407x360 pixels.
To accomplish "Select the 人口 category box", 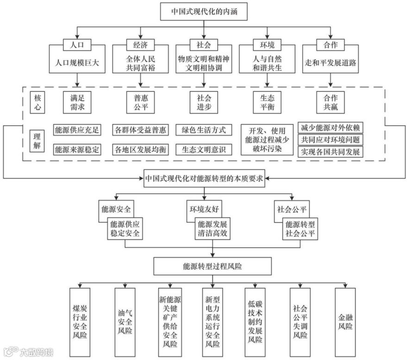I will click(x=76, y=45).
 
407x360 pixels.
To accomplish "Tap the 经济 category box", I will click(x=140, y=45).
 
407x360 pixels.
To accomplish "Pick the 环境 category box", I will click(x=267, y=45).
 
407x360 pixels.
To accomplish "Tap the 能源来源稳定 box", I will click(x=77, y=149).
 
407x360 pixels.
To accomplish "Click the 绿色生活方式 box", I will click(x=204, y=130).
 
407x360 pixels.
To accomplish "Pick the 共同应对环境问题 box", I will click(x=330, y=139).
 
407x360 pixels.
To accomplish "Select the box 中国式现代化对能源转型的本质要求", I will click(x=204, y=178).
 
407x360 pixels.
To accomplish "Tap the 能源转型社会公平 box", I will click(x=301, y=228).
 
